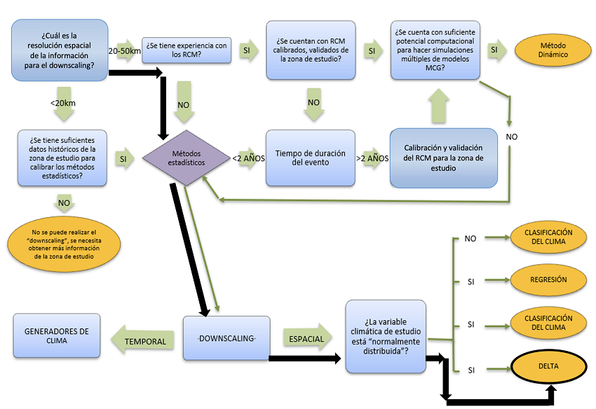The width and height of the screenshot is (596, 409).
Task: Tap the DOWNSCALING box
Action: click(x=226, y=339)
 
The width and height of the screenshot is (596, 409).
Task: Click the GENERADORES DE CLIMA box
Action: click(x=56, y=336)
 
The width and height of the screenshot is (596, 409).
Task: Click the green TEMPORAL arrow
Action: click(x=145, y=341)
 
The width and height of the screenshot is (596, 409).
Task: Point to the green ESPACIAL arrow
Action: click(x=307, y=339)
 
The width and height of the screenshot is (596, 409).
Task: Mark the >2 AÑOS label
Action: click(x=372, y=158)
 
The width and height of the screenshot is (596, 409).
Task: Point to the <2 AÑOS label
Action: click(x=249, y=159)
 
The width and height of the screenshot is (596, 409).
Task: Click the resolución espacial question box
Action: click(x=59, y=50)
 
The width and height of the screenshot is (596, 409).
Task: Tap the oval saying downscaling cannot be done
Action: click(x=64, y=243)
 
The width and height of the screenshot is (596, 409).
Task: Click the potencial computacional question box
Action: click(x=435, y=49)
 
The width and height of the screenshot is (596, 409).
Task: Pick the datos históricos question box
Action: click(x=62, y=158)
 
